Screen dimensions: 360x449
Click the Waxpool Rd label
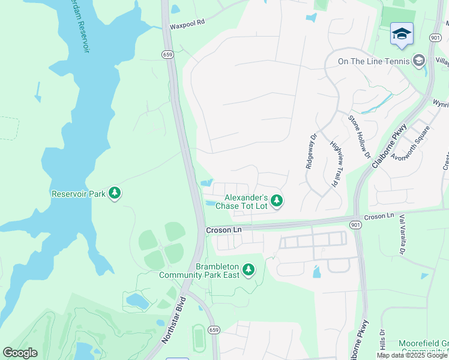187,21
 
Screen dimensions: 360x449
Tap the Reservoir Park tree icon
115,193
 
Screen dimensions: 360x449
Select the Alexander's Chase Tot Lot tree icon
276,200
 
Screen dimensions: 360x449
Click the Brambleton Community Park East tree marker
249,271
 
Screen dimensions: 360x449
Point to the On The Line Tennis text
373,61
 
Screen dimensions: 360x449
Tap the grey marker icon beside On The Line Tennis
418,61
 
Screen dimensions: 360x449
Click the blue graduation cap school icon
402,34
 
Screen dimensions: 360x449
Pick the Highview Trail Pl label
336,163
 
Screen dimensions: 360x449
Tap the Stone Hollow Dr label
360,136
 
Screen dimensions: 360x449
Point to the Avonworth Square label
410,144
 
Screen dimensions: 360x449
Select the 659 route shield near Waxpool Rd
167,54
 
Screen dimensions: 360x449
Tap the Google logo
20,353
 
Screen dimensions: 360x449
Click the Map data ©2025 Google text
412,355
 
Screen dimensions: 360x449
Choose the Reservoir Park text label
78,194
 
